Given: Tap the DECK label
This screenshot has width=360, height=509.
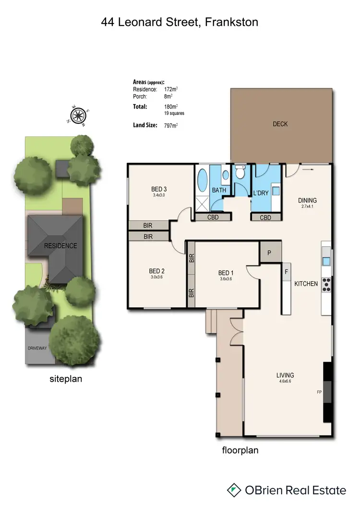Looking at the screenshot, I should [x=280, y=124].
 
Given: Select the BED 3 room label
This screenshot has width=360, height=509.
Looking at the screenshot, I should [x=158, y=189].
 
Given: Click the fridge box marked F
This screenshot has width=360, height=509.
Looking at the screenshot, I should [x=287, y=272].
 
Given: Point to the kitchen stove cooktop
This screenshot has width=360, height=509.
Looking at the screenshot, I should [x=327, y=285].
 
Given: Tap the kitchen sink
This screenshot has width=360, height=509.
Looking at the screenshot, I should [x=326, y=261].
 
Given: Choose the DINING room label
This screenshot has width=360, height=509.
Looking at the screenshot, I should [x=308, y=200].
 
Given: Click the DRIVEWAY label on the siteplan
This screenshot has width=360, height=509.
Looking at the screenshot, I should [x=36, y=348].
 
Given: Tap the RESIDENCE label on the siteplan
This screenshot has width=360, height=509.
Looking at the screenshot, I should [x=60, y=246].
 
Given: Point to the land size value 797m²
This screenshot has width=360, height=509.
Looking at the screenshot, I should [x=171, y=126].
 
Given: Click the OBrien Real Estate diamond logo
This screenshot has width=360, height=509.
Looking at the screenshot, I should [x=234, y=490].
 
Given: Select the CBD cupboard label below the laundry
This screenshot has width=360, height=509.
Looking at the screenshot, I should [x=264, y=218].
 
